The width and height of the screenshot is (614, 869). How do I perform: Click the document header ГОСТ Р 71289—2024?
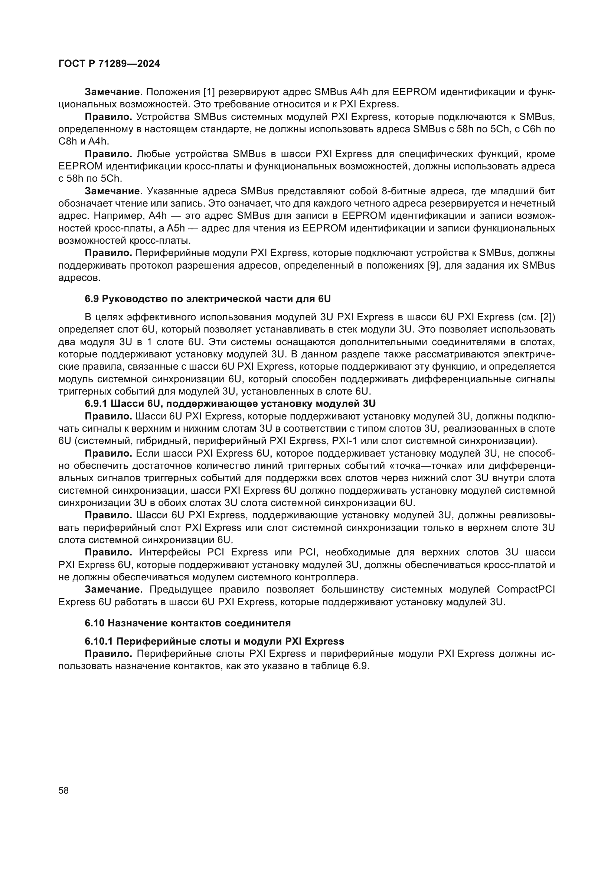tap(109, 64)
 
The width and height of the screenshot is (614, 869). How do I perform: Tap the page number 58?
tap(63, 790)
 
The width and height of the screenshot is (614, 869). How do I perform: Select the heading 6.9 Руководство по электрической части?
tap(208, 299)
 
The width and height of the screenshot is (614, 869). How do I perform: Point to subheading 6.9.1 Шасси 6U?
tap(230, 404)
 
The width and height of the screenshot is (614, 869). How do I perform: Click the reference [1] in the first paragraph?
tap(209, 92)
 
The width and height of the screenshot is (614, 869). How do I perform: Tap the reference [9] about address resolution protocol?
tap(432, 265)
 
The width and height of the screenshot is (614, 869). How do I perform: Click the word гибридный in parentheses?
tap(135, 441)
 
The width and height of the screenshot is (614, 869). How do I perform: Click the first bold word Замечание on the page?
tap(113, 92)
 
